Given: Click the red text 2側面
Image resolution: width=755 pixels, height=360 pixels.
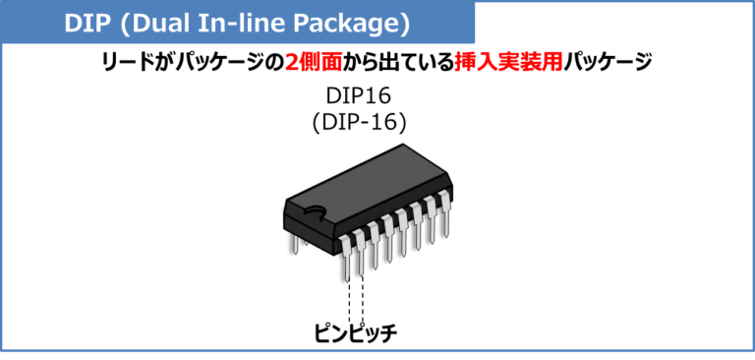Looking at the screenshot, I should pyautogui.click(x=314, y=62).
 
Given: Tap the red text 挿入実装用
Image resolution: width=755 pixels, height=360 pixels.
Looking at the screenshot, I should pyautogui.click(x=508, y=62).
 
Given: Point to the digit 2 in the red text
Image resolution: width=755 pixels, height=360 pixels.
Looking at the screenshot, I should pyautogui.click(x=291, y=62).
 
